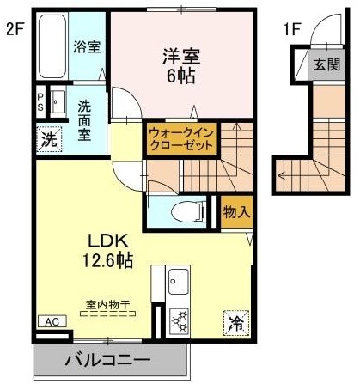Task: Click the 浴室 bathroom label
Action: (x=86, y=46)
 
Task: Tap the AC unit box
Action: (x=51, y=321)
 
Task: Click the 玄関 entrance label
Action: (x=326, y=64)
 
